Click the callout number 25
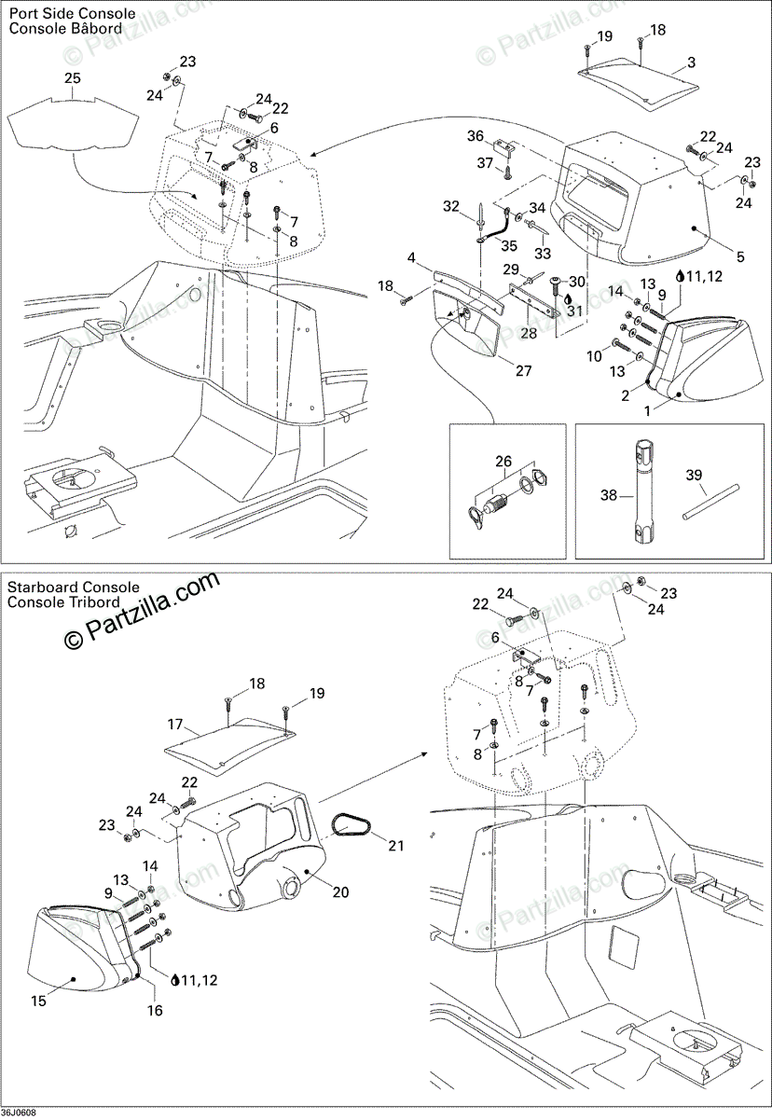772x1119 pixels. pos(73,78)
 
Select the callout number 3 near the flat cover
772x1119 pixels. pos(691,63)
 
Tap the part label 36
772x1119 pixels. pos(476,136)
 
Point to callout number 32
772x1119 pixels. pos(451,206)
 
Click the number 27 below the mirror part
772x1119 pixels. pos(523,371)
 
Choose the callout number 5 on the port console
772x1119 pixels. pos(715,256)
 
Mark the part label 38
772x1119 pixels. pos(609,496)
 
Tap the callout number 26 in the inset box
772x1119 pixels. pos(503,461)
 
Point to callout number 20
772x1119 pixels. pos(340,892)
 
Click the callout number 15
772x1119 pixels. pos(38,1002)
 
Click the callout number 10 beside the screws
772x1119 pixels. pos(595,356)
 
